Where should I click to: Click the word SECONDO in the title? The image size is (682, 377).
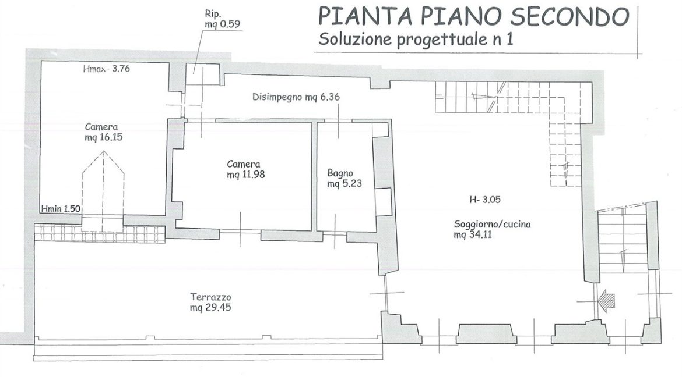(569, 16)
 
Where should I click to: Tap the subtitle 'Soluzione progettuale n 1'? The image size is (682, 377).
(416, 39)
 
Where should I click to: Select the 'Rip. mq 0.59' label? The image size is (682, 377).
(222, 19)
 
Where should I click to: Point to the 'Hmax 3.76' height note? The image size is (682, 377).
(106, 69)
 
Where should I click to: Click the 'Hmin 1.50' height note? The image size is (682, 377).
(61, 208)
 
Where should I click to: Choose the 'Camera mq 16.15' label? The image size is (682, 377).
(104, 132)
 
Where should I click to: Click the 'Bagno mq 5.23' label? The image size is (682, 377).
(344, 179)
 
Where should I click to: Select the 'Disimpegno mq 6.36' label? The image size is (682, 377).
(296, 97)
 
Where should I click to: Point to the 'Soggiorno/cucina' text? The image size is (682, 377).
(492, 225)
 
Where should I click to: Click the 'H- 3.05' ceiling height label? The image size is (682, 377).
(485, 200)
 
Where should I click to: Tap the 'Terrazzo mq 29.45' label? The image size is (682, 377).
(210, 303)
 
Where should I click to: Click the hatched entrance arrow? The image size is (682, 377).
(607, 299)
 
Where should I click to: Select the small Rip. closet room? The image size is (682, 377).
(202, 74)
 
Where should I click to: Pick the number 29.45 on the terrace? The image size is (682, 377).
(216, 308)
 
